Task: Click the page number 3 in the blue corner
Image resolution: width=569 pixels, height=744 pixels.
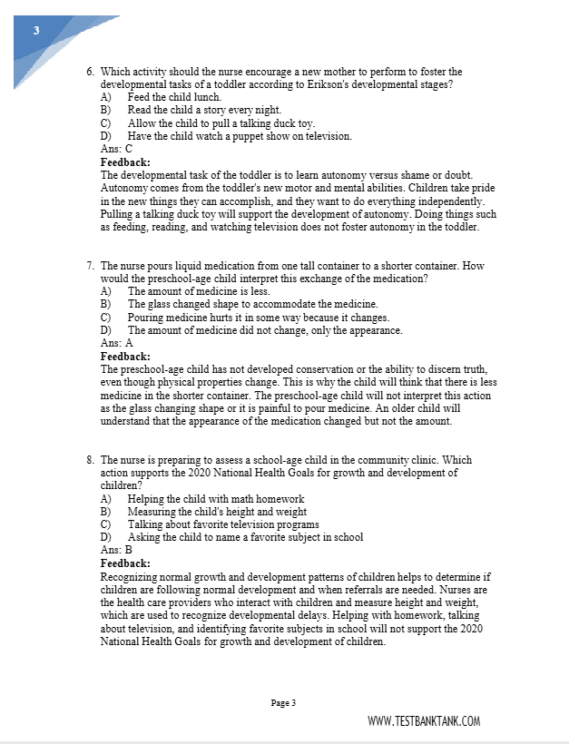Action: pyautogui.click(x=35, y=30)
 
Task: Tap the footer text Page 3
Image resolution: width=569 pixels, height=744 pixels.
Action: pyautogui.click(x=283, y=702)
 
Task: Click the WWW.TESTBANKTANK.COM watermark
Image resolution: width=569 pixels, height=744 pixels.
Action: pyautogui.click(x=424, y=721)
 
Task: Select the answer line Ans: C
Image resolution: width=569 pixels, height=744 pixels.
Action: pyautogui.click(x=116, y=149)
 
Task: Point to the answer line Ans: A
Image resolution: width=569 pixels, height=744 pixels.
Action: pyautogui.click(x=116, y=344)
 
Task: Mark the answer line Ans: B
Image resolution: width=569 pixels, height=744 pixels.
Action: pyautogui.click(x=116, y=550)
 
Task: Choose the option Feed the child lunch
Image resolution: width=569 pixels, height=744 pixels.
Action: pyautogui.click(x=162, y=97)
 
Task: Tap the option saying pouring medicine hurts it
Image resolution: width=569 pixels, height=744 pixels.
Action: pyautogui.click(x=258, y=318)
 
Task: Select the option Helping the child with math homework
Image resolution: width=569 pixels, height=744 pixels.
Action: pyautogui.click(x=215, y=499)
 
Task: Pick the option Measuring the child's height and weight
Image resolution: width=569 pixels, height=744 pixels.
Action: pyautogui.click(x=216, y=512)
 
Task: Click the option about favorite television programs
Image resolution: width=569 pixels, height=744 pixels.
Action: pyautogui.click(x=222, y=524)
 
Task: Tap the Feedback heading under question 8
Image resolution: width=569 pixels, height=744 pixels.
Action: pyautogui.click(x=125, y=563)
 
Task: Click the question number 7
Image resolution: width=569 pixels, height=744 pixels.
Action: pyautogui.click(x=91, y=266)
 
